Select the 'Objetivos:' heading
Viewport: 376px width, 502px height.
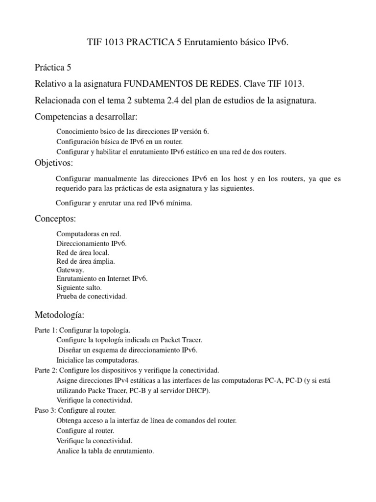pyautogui.click(x=54, y=162)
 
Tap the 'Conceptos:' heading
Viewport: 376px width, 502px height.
pyautogui.click(x=55, y=218)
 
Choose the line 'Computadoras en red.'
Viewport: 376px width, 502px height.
pyautogui.click(x=89, y=234)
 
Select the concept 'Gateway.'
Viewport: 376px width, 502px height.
pyautogui.click(x=70, y=270)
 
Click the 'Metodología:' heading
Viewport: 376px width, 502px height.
pyautogui.click(x=59, y=314)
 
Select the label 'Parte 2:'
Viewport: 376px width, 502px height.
pyautogui.click(x=46, y=370)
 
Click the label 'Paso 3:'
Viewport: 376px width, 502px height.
pyautogui.click(x=46, y=409)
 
